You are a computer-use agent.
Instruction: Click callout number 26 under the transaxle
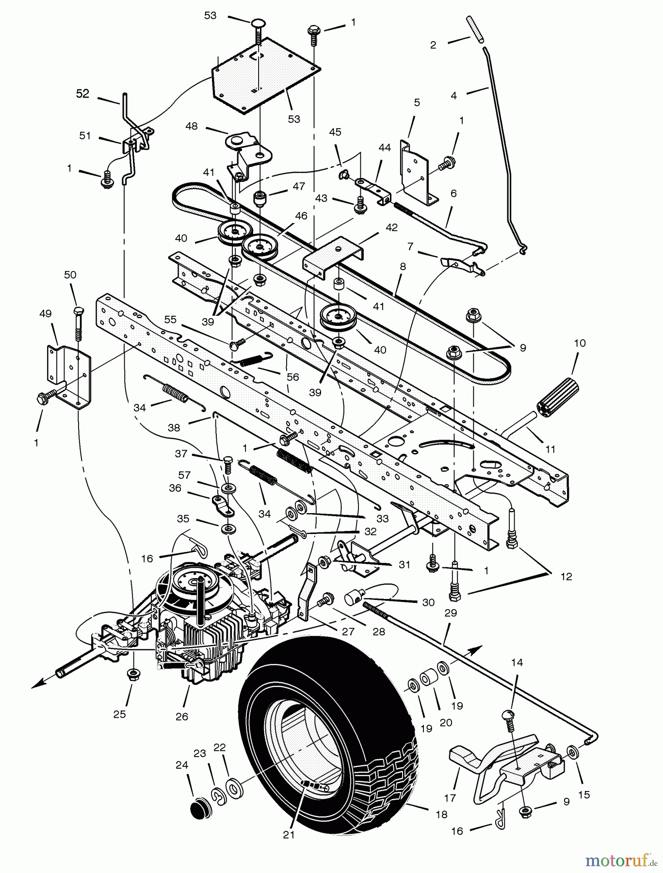181,716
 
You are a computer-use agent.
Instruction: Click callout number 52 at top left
83,94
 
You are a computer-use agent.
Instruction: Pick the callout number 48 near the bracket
192,126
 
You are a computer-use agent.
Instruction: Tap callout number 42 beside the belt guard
391,227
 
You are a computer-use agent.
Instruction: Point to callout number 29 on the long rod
451,613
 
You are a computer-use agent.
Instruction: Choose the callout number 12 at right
566,577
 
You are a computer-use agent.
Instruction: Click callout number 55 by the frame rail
170,320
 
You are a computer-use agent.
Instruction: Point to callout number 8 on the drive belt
403,266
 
